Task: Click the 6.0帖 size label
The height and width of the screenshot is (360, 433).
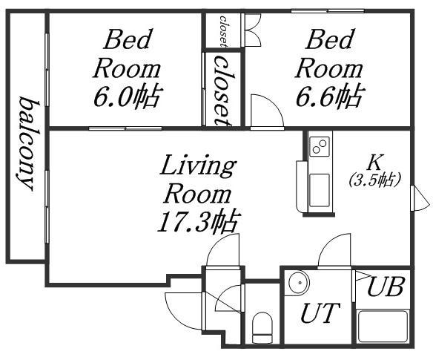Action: pos(127,96)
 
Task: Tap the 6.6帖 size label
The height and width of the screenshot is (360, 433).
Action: pos(329,96)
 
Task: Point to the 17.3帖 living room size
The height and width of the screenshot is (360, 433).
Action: pos(198,222)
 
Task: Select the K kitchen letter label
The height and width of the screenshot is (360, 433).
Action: pos(374,163)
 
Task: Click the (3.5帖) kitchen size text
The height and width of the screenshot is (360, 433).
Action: pos(374,180)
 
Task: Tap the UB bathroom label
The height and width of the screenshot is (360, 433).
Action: pos(386,287)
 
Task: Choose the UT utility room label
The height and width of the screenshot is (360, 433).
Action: pos(320,312)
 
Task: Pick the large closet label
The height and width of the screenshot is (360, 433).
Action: pos(224,91)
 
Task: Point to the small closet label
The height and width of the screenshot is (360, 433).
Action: pos(224,31)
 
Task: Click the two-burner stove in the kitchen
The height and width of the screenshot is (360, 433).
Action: pos(320,146)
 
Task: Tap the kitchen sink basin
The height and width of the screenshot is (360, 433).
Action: pos(320,190)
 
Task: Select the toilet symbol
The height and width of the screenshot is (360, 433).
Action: pos(262,327)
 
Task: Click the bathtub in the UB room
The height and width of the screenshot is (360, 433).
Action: pos(383,327)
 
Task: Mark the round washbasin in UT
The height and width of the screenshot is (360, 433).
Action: pos(299,283)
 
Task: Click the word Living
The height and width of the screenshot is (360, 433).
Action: pos(198,166)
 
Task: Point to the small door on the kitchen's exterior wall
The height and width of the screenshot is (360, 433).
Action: pos(420,198)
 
